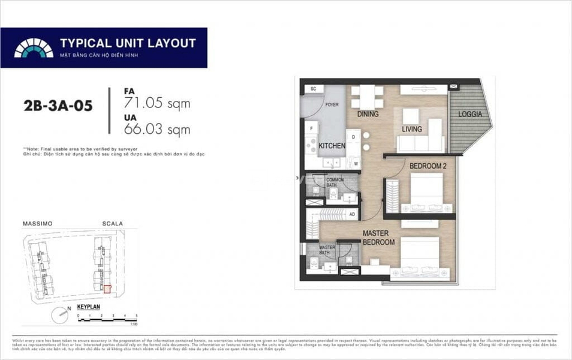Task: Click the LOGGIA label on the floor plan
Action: tap(471, 114)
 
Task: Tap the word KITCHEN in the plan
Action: tap(332, 146)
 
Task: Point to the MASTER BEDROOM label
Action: tap(378, 238)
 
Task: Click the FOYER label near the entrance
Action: tap(332, 105)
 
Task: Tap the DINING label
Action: tap(368, 114)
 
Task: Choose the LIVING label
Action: tap(412, 129)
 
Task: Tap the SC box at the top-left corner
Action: tap(312, 89)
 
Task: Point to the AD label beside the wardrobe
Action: tap(352, 214)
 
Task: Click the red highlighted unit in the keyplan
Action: tap(107, 289)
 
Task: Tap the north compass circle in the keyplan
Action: tap(58, 313)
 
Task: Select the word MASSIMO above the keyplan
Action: tap(37, 224)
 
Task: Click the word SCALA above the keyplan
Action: tap(112, 224)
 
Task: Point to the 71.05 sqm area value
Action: tap(156, 103)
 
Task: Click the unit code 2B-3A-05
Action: tap(58, 107)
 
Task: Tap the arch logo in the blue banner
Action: tap(34, 47)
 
